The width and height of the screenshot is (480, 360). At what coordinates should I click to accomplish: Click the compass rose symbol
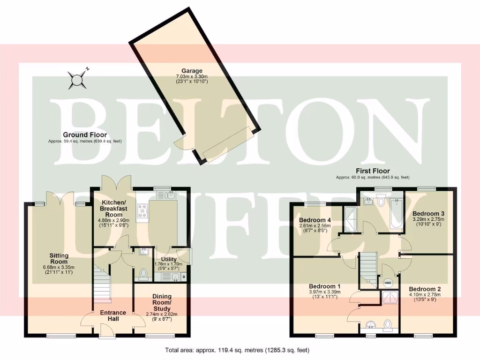pyautogui.click(x=76, y=79)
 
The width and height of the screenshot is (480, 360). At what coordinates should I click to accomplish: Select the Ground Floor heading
pyautogui.click(x=85, y=135)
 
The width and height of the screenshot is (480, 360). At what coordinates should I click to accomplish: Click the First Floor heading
pyautogui.click(x=373, y=171)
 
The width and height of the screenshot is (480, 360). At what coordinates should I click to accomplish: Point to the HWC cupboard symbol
pyautogui.click(x=388, y=283)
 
